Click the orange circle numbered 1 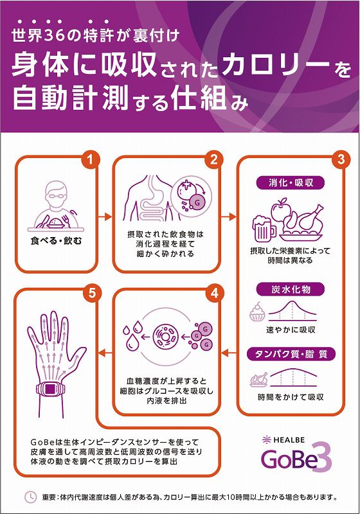pos(91,159)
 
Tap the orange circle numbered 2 pos(214,159)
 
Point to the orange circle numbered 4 pos(215,293)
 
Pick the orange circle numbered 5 pos(92,293)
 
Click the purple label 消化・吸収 pos(291,183)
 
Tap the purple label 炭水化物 pos(291,290)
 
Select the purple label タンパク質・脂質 pos(291,354)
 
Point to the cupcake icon pos(257,312)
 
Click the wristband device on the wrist pos(50,389)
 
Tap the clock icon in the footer pos(30,497)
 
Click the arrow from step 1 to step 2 pos(105,217)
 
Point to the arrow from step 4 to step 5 pos(105,353)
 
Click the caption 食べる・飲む pos(56,241)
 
